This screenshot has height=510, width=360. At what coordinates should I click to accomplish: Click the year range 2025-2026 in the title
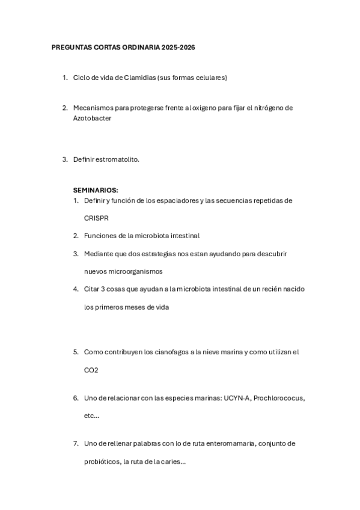[x=178, y=47]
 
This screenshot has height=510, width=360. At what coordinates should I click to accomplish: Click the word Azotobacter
[x=93, y=118]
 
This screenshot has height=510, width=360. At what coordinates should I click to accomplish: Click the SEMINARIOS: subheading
[x=96, y=190]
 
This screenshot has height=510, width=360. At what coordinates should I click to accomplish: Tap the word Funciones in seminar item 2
[x=100, y=236]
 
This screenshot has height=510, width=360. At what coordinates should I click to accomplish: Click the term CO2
[x=91, y=370]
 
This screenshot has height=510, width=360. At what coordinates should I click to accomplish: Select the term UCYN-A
[x=237, y=398]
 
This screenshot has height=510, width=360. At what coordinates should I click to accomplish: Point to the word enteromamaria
[x=233, y=444]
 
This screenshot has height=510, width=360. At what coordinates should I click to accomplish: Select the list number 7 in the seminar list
[x=76, y=444]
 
